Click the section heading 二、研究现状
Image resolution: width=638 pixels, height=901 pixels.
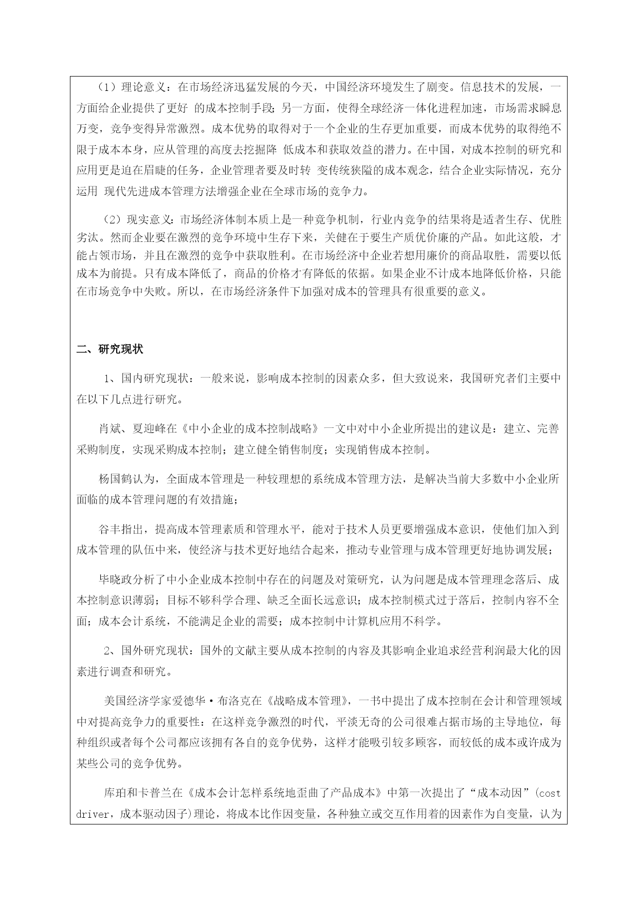coord(110,349)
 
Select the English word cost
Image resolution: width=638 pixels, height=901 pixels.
coord(550,793)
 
